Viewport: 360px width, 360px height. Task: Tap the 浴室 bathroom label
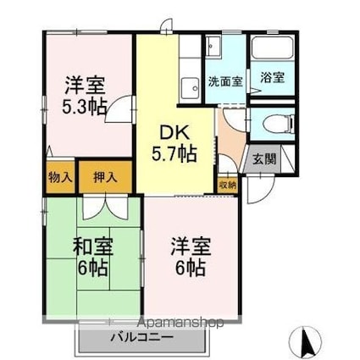(x=271, y=76)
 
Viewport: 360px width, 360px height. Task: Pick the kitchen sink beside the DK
(x=188, y=85)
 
